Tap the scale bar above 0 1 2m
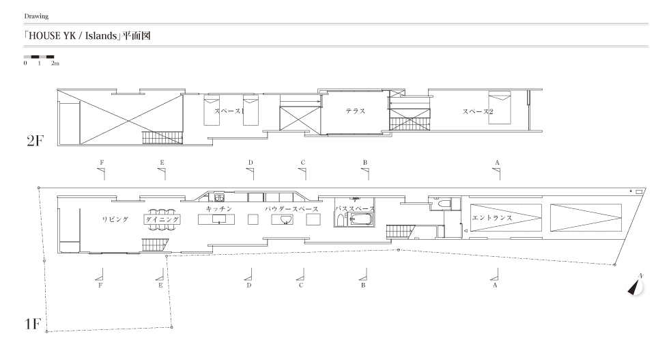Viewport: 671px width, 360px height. click(x=39, y=57)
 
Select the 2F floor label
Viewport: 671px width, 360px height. click(x=35, y=141)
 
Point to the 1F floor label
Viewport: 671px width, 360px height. click(x=33, y=324)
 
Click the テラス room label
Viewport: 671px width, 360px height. click(x=355, y=111)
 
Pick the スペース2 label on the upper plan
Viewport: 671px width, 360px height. click(x=478, y=111)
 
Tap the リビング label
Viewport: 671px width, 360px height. click(x=115, y=219)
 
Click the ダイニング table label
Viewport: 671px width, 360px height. click(x=162, y=219)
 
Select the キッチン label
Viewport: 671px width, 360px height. click(x=218, y=208)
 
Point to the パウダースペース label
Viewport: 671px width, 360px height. click(x=291, y=209)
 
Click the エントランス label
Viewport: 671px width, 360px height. click(x=492, y=217)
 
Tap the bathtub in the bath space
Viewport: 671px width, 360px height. click(x=360, y=220)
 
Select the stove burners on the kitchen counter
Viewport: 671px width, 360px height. click(x=219, y=197)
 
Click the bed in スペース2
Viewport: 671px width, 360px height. click(x=500, y=108)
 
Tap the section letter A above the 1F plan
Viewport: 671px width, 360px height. click(x=497, y=163)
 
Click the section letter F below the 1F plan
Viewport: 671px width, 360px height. click(x=100, y=285)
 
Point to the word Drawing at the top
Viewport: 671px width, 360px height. click(x=36, y=16)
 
